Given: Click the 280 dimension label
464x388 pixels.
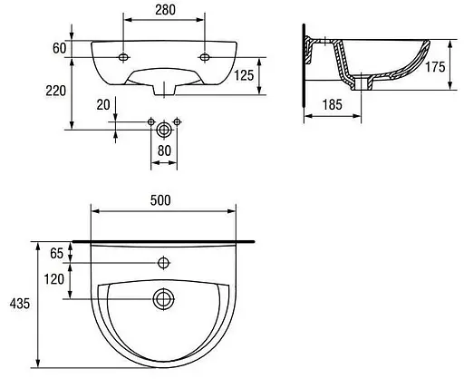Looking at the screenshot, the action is pos(165,10).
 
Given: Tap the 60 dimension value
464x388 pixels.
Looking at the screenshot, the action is pos(59,48).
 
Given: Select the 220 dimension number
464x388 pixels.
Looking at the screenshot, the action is pos(56,91).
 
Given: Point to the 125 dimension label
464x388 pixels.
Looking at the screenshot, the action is pos(244,75).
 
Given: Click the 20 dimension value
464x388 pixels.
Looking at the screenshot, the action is pos(103,105).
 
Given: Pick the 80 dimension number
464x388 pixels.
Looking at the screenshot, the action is pos(164,150).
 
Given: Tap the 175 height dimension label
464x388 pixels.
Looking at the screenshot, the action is pos(435,67).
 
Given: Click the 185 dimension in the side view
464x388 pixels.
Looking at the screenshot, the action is pos(333,104).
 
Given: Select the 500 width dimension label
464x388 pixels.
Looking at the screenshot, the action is pos(160,200).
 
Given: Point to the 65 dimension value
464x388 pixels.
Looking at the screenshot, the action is pos(57,253).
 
